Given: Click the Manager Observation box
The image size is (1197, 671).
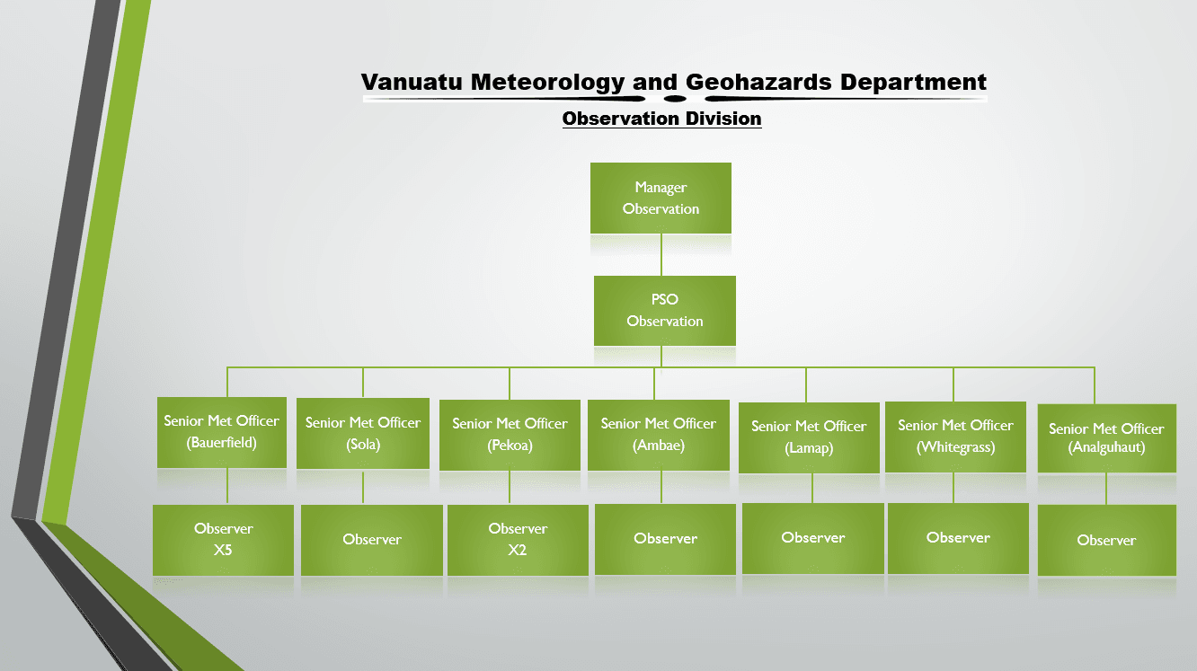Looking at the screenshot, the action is pyautogui.click(x=661, y=198).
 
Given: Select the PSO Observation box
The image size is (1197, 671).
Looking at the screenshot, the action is pyautogui.click(x=665, y=311).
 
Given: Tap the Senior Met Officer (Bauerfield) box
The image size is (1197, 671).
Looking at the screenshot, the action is pyautogui.click(x=222, y=432).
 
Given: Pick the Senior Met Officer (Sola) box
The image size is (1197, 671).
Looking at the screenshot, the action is pyautogui.click(x=363, y=433).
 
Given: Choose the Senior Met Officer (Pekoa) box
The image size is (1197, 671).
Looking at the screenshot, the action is pyautogui.click(x=510, y=435).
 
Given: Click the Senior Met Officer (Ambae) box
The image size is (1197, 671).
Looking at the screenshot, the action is pyautogui.click(x=659, y=435).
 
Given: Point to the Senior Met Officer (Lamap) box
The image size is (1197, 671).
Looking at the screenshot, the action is pyautogui.click(x=809, y=437).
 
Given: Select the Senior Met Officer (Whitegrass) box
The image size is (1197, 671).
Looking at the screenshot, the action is pyautogui.click(x=955, y=437).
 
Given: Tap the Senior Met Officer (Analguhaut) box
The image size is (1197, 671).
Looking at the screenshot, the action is pyautogui.click(x=1107, y=438).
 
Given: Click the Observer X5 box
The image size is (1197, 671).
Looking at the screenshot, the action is pyautogui.click(x=223, y=540).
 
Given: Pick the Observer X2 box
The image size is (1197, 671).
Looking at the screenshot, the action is pyautogui.click(x=518, y=540).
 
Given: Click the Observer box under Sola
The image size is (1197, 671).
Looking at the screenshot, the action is pyautogui.click(x=372, y=540).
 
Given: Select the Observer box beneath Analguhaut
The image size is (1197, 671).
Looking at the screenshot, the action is pyautogui.click(x=1107, y=540).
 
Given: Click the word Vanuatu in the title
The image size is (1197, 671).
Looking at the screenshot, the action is pyautogui.click(x=412, y=83).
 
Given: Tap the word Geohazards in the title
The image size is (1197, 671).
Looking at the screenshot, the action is pyautogui.click(x=758, y=83).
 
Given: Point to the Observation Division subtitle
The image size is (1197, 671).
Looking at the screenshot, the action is pyautogui.click(x=661, y=119).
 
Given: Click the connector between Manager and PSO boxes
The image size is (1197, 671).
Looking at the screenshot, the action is pyautogui.click(x=661, y=255).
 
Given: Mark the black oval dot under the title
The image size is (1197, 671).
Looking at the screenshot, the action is pyautogui.click(x=675, y=99).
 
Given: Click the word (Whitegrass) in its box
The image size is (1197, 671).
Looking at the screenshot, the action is pyautogui.click(x=955, y=447).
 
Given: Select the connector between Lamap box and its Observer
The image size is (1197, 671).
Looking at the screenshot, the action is pyautogui.click(x=812, y=489).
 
